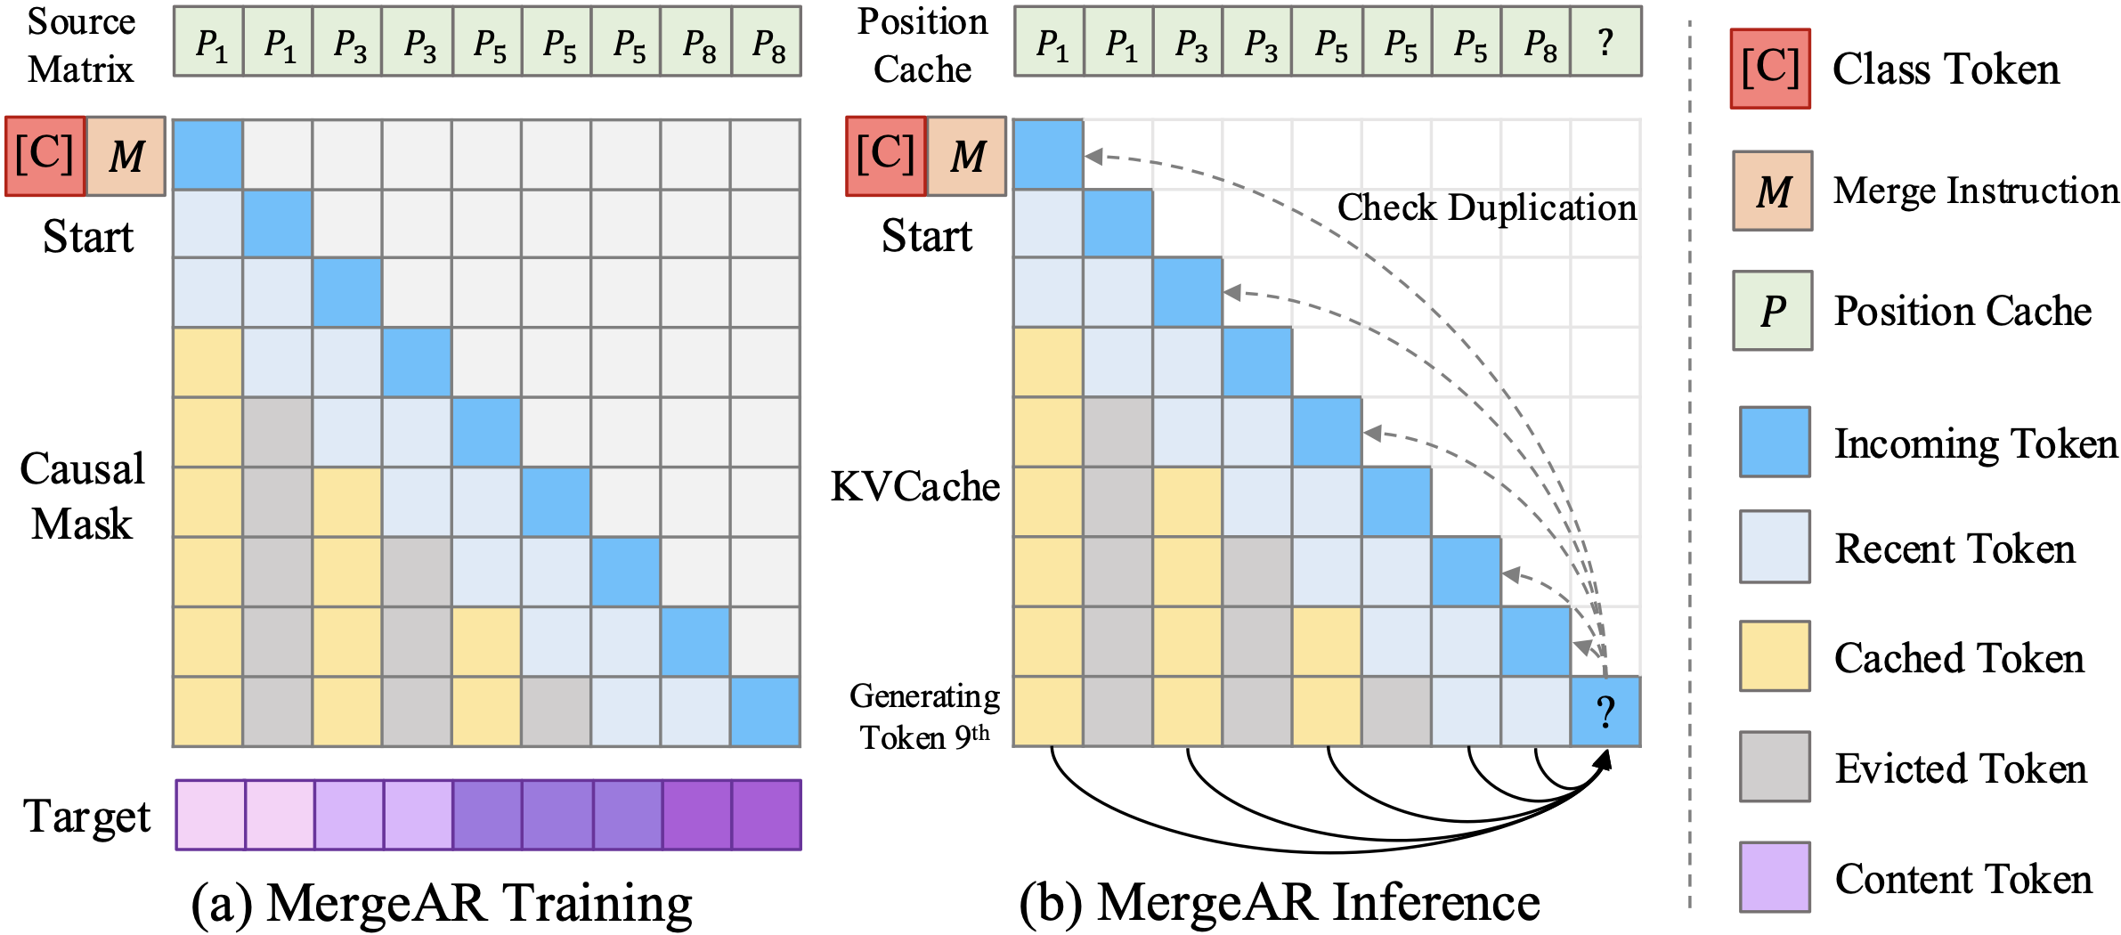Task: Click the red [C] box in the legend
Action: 1770,69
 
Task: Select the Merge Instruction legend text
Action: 1976,191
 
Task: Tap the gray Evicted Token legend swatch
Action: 1775,767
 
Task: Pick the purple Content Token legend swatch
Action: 1775,877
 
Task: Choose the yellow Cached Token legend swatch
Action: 1775,656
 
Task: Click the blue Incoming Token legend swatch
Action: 1775,442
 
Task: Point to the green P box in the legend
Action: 1772,311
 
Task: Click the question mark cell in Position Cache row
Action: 1605,42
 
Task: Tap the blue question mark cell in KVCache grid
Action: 1605,711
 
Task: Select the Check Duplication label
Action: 1486,207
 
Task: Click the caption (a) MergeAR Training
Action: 442,903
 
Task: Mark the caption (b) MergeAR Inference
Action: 1280,903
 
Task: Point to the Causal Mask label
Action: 82,496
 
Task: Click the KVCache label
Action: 915,487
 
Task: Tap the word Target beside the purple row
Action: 87,817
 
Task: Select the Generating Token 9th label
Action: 924,717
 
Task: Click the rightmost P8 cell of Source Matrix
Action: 767,42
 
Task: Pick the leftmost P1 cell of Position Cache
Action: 1050,42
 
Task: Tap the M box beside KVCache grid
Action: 967,157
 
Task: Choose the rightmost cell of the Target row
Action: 767,815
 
